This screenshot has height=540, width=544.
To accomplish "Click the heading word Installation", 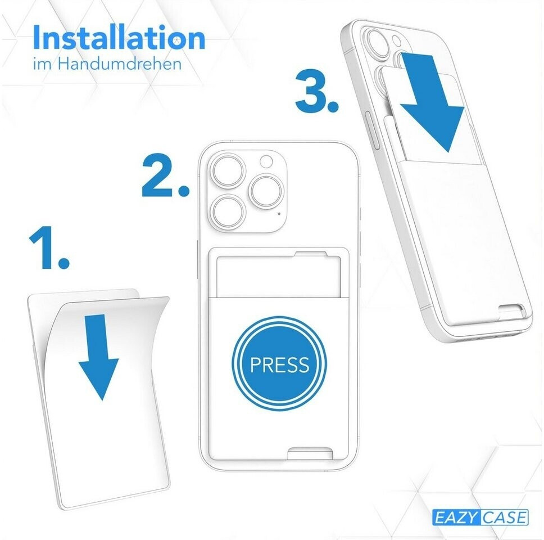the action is (119, 37).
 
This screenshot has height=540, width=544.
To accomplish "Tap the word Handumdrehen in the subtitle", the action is (120, 64).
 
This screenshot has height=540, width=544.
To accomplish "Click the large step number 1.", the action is (49, 247).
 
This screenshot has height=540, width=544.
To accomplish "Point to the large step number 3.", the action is (317, 91).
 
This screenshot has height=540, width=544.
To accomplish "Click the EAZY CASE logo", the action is (480, 517).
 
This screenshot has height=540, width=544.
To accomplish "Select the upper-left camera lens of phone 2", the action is (229, 172).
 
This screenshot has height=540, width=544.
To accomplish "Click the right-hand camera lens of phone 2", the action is (266, 192).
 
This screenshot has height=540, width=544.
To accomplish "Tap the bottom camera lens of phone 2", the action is (228, 212).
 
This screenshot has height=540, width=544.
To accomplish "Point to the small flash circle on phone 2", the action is (266, 161).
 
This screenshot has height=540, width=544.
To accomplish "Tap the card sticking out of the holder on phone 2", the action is (278, 276).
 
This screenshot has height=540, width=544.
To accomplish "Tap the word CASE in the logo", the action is (505, 517).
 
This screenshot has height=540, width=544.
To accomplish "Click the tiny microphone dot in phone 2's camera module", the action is (279, 214).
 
